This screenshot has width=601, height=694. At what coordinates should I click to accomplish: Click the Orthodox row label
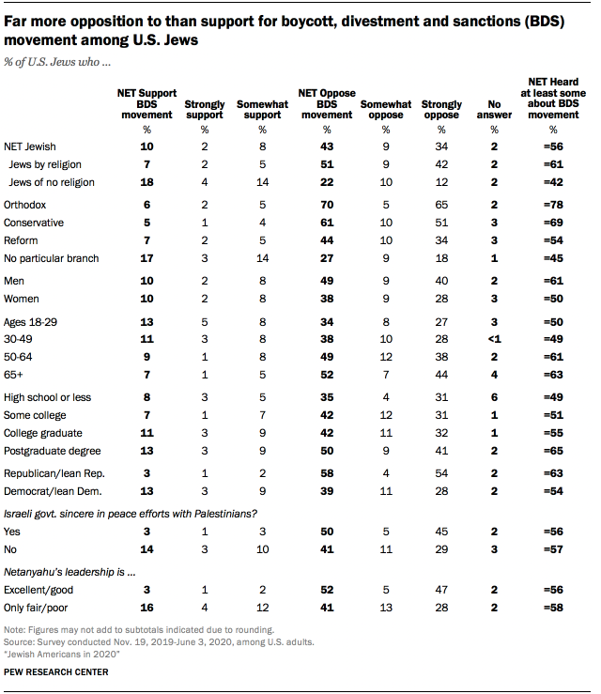(x=24, y=204)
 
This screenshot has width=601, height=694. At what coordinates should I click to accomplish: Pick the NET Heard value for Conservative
(x=553, y=222)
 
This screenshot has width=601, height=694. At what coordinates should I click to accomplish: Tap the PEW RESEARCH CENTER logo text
(x=56, y=672)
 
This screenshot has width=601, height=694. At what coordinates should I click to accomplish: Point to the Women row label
(x=22, y=300)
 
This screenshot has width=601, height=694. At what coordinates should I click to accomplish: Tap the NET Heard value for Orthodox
(x=553, y=204)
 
